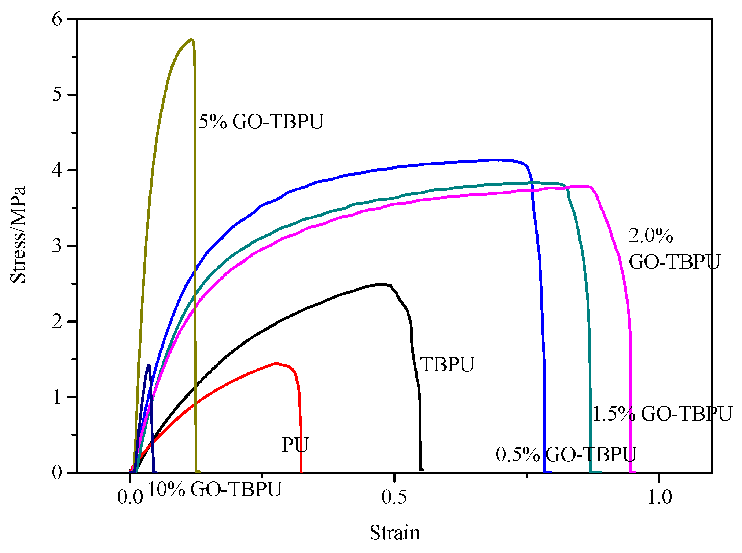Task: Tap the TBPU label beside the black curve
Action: [447, 364]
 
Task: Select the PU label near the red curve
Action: [295, 445]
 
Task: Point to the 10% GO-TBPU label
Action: [215, 489]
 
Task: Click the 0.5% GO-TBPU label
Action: [566, 454]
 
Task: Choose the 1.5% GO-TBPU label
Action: [662, 414]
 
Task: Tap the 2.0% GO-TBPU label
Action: [674, 248]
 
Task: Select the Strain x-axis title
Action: [395, 532]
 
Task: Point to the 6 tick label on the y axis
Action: [57, 19]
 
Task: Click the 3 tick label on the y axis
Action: [57, 246]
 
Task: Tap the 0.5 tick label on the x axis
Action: [394, 497]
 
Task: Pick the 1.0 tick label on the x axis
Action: [659, 497]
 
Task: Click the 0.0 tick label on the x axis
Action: [130, 497]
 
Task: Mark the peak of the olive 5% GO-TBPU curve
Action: [191, 39]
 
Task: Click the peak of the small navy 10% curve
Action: [148, 365]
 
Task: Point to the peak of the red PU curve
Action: [277, 363]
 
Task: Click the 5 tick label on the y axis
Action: [57, 95]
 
